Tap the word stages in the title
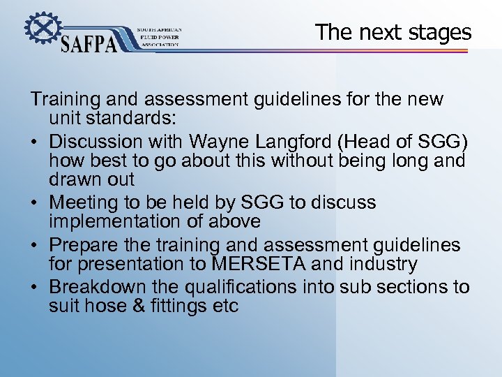tap(440, 32)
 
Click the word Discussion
tap(96, 141)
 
